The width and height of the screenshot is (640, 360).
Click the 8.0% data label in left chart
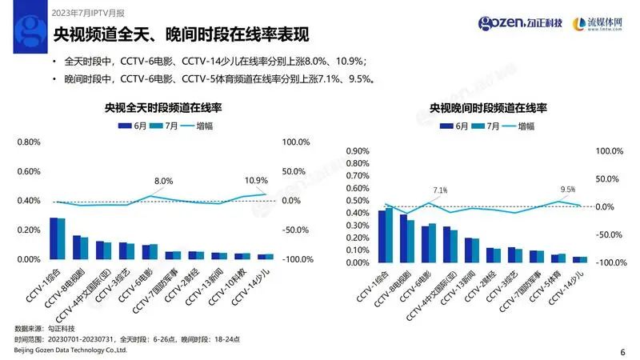pos(163,181)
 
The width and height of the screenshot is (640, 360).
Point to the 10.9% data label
pos(256,180)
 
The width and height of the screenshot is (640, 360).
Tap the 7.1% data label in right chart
pos(440,190)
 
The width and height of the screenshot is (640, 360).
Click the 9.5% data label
pos(568,190)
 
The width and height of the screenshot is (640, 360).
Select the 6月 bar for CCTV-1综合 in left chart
pos(53,238)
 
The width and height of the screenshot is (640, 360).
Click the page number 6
pos(622,351)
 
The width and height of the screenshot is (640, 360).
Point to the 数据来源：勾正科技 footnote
pos(42,330)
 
